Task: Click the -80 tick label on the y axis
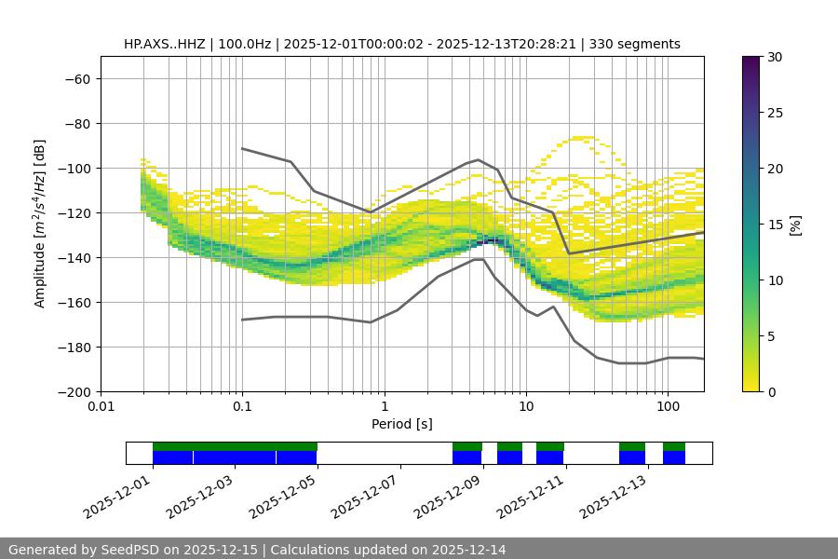pos(75,123)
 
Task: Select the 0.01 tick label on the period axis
pos(101,407)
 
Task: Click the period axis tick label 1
pos(385,407)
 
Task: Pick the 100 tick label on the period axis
pos(668,407)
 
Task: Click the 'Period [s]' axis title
pos(402,424)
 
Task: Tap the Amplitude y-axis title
pos(40,224)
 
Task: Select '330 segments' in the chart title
pos(641,44)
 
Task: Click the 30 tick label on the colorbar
pos(775,57)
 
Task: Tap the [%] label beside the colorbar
pos(795,225)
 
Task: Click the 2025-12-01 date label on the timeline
pos(117,498)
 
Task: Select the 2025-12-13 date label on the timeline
pos(613,498)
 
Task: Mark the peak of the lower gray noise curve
pos(479,259)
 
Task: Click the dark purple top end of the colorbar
pos(751,60)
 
